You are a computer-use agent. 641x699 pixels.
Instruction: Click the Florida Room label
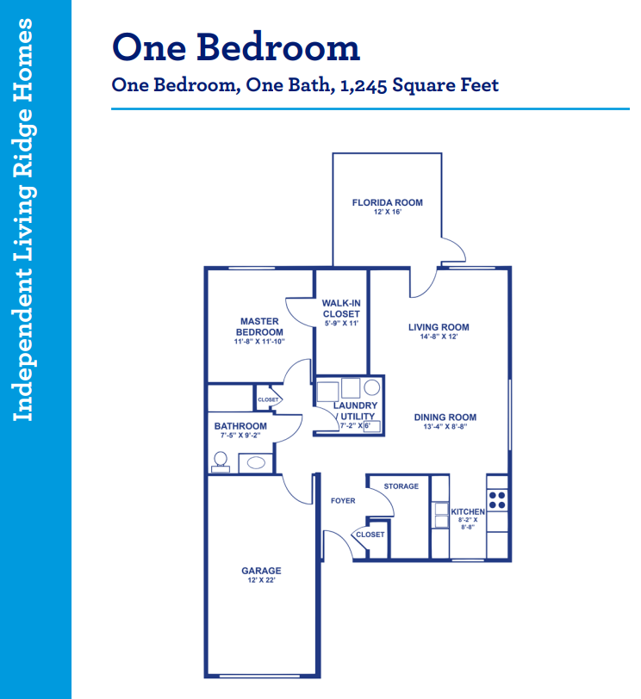(x=387, y=203)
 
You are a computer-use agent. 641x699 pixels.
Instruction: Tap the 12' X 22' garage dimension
(x=261, y=580)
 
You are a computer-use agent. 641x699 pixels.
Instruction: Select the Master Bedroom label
(x=259, y=327)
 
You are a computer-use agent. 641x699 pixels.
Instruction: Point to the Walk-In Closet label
(x=341, y=308)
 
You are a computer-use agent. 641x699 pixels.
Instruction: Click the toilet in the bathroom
(x=221, y=461)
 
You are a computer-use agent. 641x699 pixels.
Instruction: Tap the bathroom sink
(x=256, y=463)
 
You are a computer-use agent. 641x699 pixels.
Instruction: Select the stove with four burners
(x=497, y=500)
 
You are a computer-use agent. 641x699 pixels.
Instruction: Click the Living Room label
(x=439, y=327)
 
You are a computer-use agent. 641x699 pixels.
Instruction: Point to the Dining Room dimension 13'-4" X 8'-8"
(x=445, y=427)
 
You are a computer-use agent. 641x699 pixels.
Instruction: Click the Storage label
(x=401, y=486)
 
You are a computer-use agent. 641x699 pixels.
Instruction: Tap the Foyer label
(x=343, y=501)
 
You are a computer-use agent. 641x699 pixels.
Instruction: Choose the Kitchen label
(x=468, y=511)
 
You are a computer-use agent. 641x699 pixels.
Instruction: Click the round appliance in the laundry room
(x=371, y=387)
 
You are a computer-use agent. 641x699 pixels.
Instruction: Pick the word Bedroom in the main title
(x=278, y=47)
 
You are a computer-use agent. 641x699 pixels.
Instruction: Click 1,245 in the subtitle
(x=363, y=85)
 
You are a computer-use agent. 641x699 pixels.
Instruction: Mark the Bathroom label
(x=240, y=426)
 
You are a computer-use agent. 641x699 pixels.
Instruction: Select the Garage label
(x=261, y=571)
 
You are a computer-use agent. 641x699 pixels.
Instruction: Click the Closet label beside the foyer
(x=370, y=535)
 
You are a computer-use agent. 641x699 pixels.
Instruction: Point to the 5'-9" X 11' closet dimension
(x=341, y=323)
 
